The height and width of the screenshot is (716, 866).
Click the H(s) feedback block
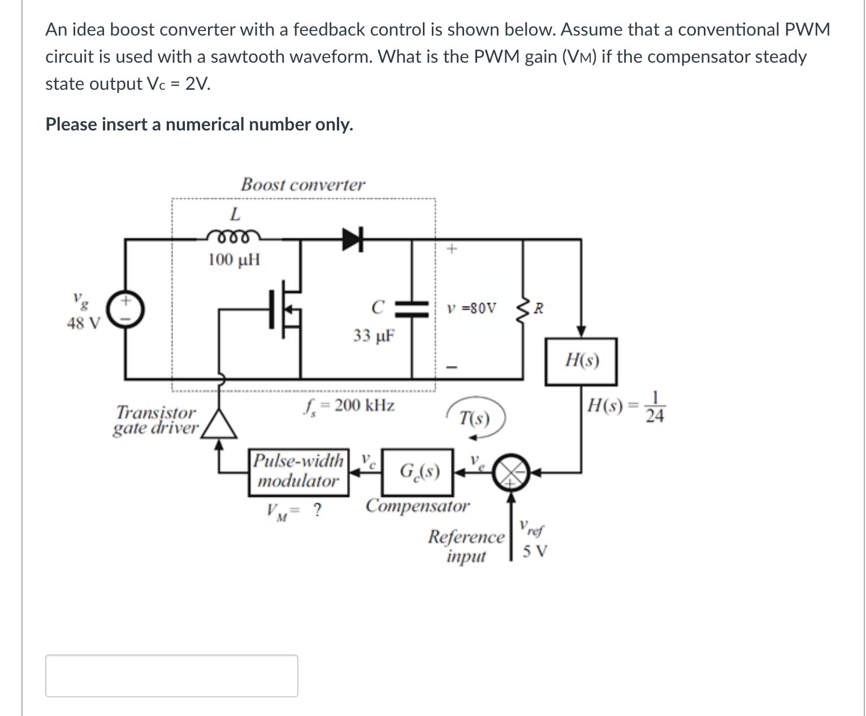tap(581, 361)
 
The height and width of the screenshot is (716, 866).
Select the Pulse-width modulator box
tap(298, 472)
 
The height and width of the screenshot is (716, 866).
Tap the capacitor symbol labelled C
tap(412, 308)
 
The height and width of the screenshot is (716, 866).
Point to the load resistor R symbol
tap(523, 308)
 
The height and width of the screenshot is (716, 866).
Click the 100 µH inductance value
tap(234, 260)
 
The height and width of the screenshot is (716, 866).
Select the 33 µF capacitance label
tap(374, 335)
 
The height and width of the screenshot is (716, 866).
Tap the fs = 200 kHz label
tap(350, 405)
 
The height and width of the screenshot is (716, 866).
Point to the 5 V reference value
tap(535, 551)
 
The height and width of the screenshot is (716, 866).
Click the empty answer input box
tap(172, 675)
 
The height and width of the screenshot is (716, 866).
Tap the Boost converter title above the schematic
tap(303, 185)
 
